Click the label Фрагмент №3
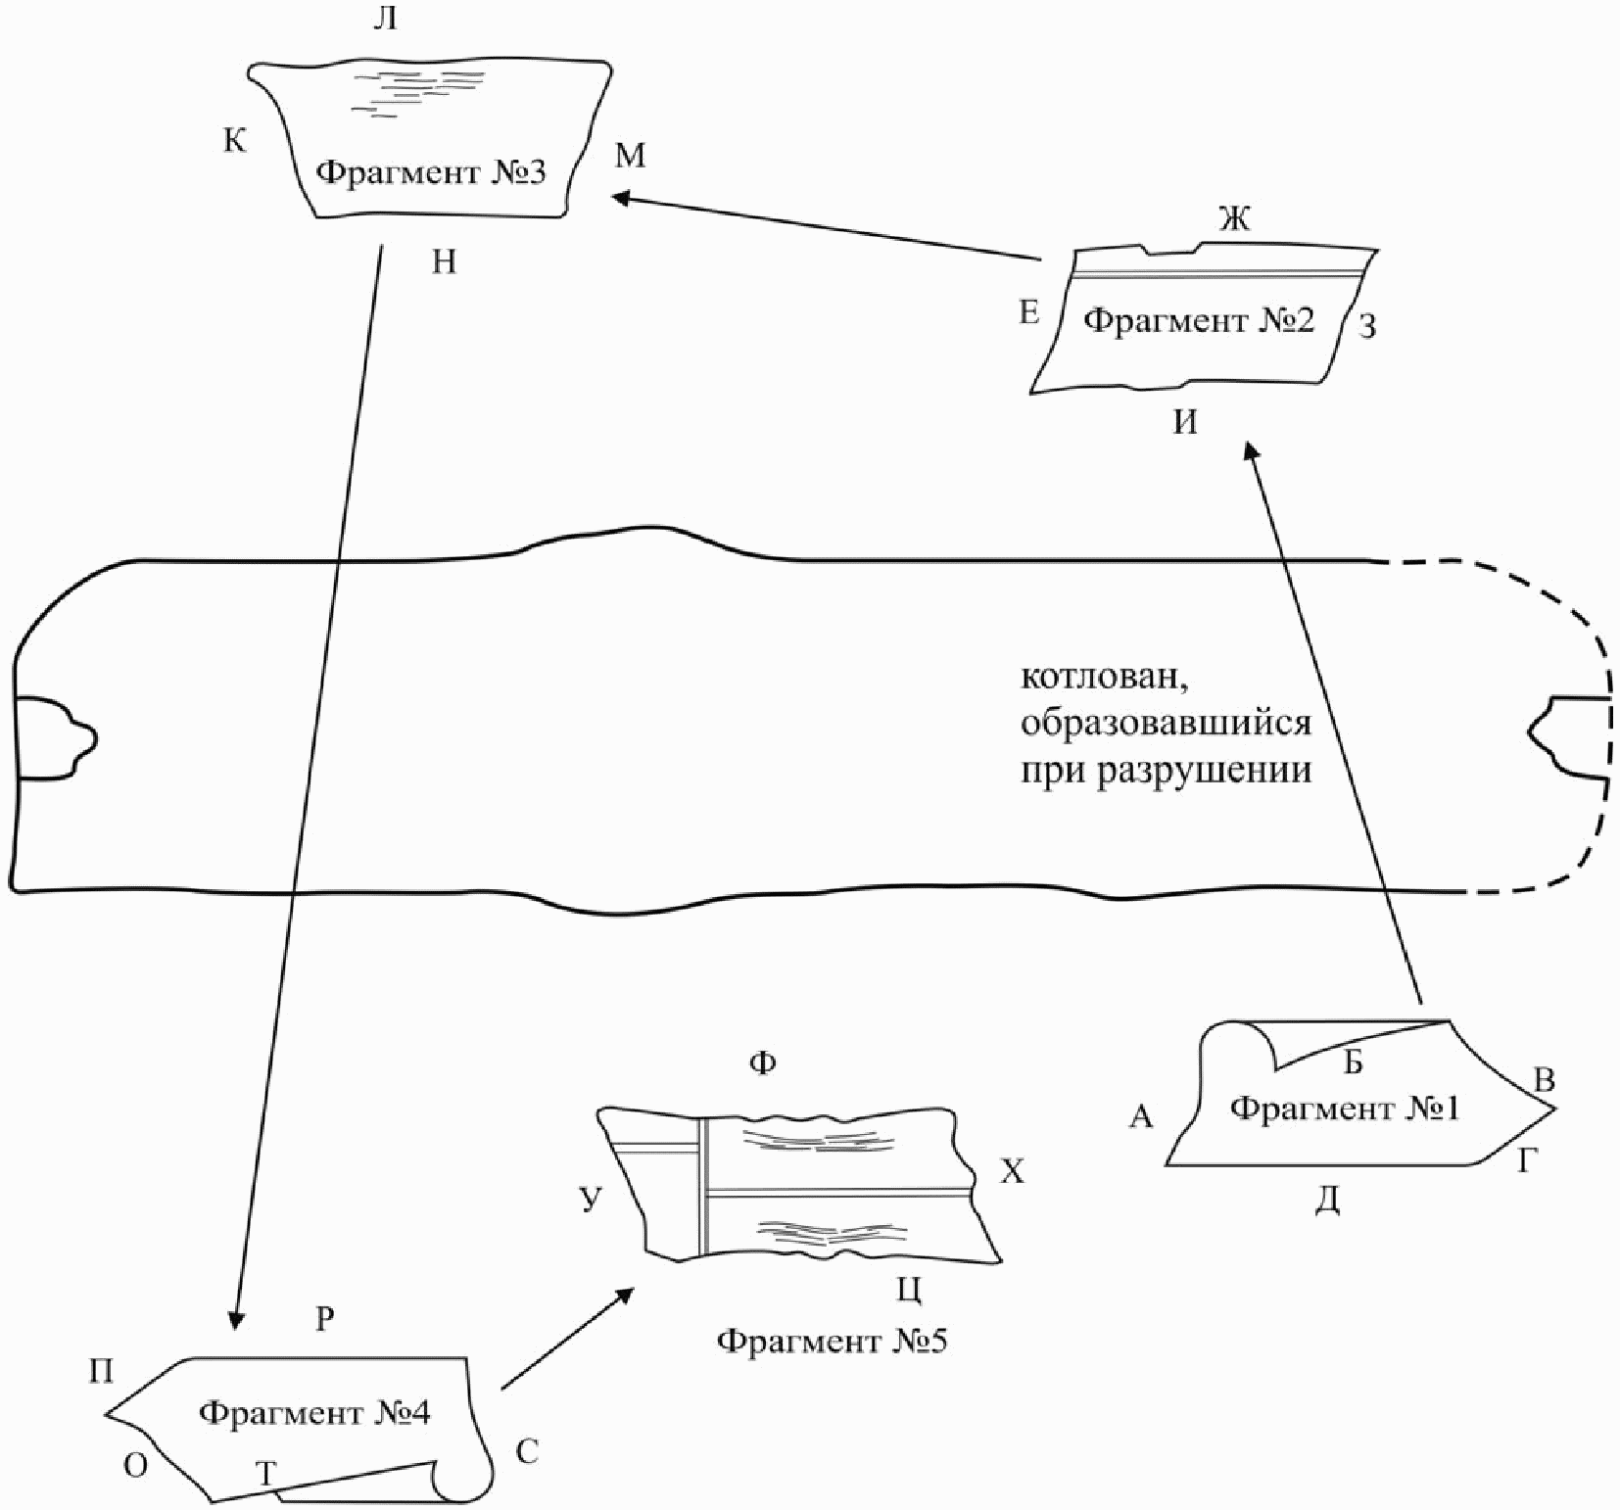point(431,174)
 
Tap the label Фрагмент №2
point(1199,321)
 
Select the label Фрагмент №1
point(1345,1109)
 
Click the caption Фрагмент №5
point(832,1341)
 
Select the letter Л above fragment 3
point(385,19)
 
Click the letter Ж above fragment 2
point(1235,219)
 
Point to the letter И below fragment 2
point(1185,423)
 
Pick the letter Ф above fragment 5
point(762,1062)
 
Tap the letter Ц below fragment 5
point(909,1291)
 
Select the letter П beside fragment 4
point(101,1371)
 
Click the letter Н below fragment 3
point(444,262)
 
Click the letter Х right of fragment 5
point(1012,1171)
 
